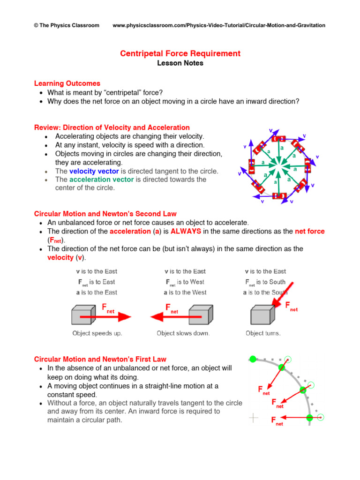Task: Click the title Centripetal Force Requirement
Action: point(180,53)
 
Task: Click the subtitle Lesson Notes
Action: point(180,63)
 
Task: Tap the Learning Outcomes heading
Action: point(67,83)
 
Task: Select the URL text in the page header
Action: point(219,25)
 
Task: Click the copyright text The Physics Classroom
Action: point(67,25)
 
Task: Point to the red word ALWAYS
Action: point(186,232)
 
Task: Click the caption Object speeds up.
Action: point(97,333)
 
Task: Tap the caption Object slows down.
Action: point(183,333)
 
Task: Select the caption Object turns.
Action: point(263,333)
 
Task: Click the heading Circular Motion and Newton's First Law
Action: point(100,360)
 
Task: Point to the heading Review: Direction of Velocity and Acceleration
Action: point(112,127)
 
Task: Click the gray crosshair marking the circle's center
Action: point(254,417)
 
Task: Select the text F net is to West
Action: point(185,282)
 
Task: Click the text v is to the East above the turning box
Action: point(265,271)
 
